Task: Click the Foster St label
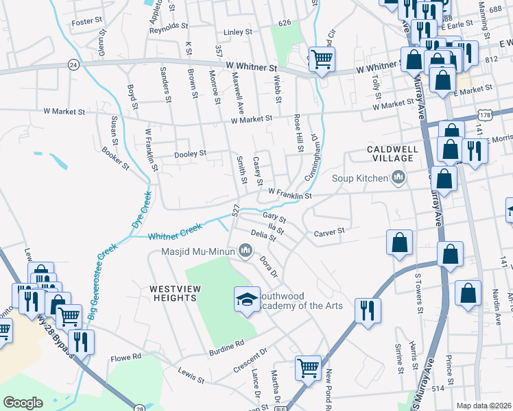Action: tap(86, 22)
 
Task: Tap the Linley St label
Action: tap(239, 32)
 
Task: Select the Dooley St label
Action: tap(191, 154)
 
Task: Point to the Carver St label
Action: tap(329, 232)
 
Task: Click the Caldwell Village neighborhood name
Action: tap(390, 153)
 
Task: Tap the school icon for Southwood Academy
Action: tap(247, 299)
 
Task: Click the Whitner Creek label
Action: tap(176, 233)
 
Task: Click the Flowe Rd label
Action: tap(127, 356)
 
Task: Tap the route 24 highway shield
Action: tap(73, 64)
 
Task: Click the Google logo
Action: tap(23, 403)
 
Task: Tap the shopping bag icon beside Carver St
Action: tap(399, 242)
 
